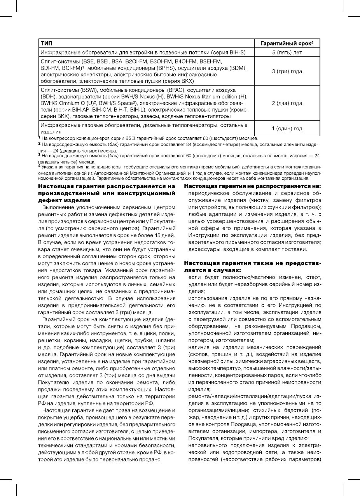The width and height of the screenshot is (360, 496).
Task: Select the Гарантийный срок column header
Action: point(287,43)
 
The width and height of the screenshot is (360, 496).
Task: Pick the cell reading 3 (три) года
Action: point(287,72)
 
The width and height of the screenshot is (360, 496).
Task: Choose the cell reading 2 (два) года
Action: point(287,103)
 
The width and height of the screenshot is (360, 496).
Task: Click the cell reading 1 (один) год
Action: point(287,128)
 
